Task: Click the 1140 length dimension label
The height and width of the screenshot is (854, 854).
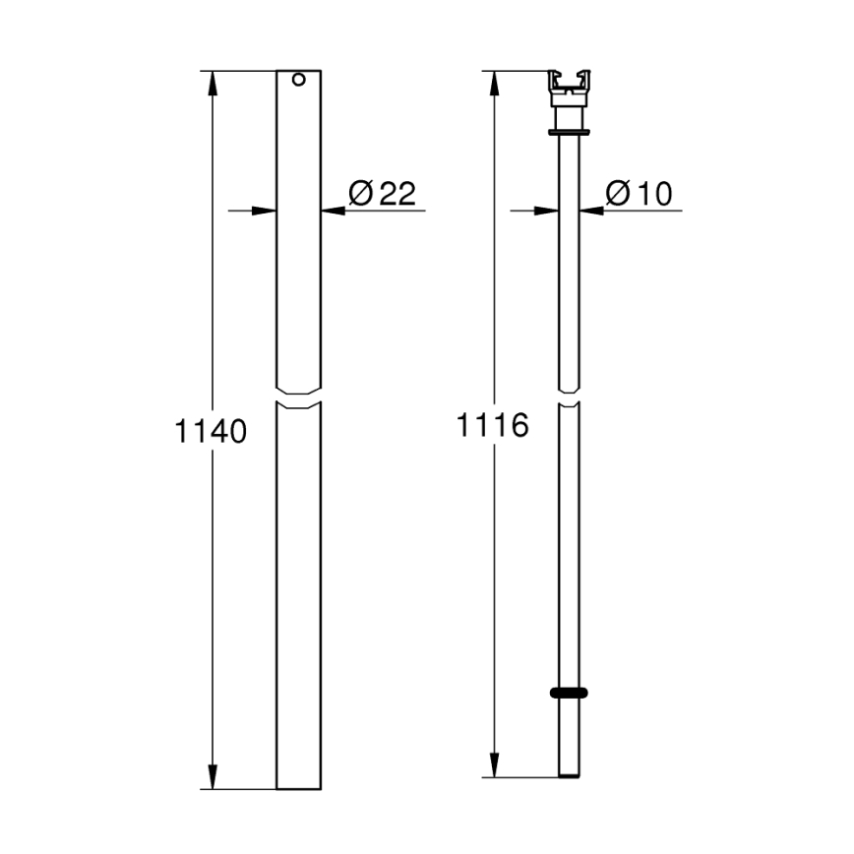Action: click(x=210, y=431)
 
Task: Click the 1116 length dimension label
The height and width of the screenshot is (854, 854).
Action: click(x=492, y=425)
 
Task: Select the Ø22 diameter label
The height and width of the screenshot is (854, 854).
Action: click(x=383, y=193)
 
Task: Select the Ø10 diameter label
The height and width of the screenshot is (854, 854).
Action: click(x=640, y=193)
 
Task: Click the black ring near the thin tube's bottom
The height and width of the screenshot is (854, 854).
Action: click(x=570, y=693)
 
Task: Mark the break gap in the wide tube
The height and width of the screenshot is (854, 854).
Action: click(x=299, y=396)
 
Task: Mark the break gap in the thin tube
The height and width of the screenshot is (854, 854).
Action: click(x=570, y=396)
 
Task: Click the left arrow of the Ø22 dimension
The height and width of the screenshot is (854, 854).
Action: click(x=264, y=210)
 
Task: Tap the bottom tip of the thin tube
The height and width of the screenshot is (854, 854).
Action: click(x=570, y=775)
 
